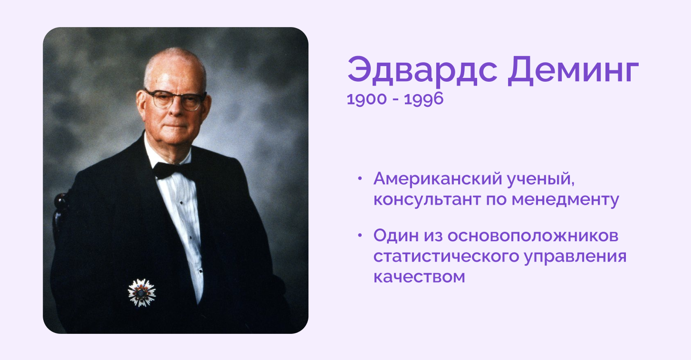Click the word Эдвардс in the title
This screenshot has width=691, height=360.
[x=422, y=71]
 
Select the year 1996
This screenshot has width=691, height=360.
[x=423, y=99]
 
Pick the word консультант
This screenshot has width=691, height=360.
[x=427, y=199]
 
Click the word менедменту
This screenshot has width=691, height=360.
[x=565, y=200]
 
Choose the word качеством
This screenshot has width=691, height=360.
[x=419, y=277]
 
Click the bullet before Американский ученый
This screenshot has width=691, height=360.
[x=359, y=179]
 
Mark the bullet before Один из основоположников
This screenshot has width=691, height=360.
[x=359, y=236]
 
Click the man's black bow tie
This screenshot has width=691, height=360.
[x=172, y=170]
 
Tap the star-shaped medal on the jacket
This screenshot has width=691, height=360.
[x=142, y=293]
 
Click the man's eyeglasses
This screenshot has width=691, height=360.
[x=175, y=100]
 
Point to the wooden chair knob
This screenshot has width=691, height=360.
[x=61, y=201]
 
